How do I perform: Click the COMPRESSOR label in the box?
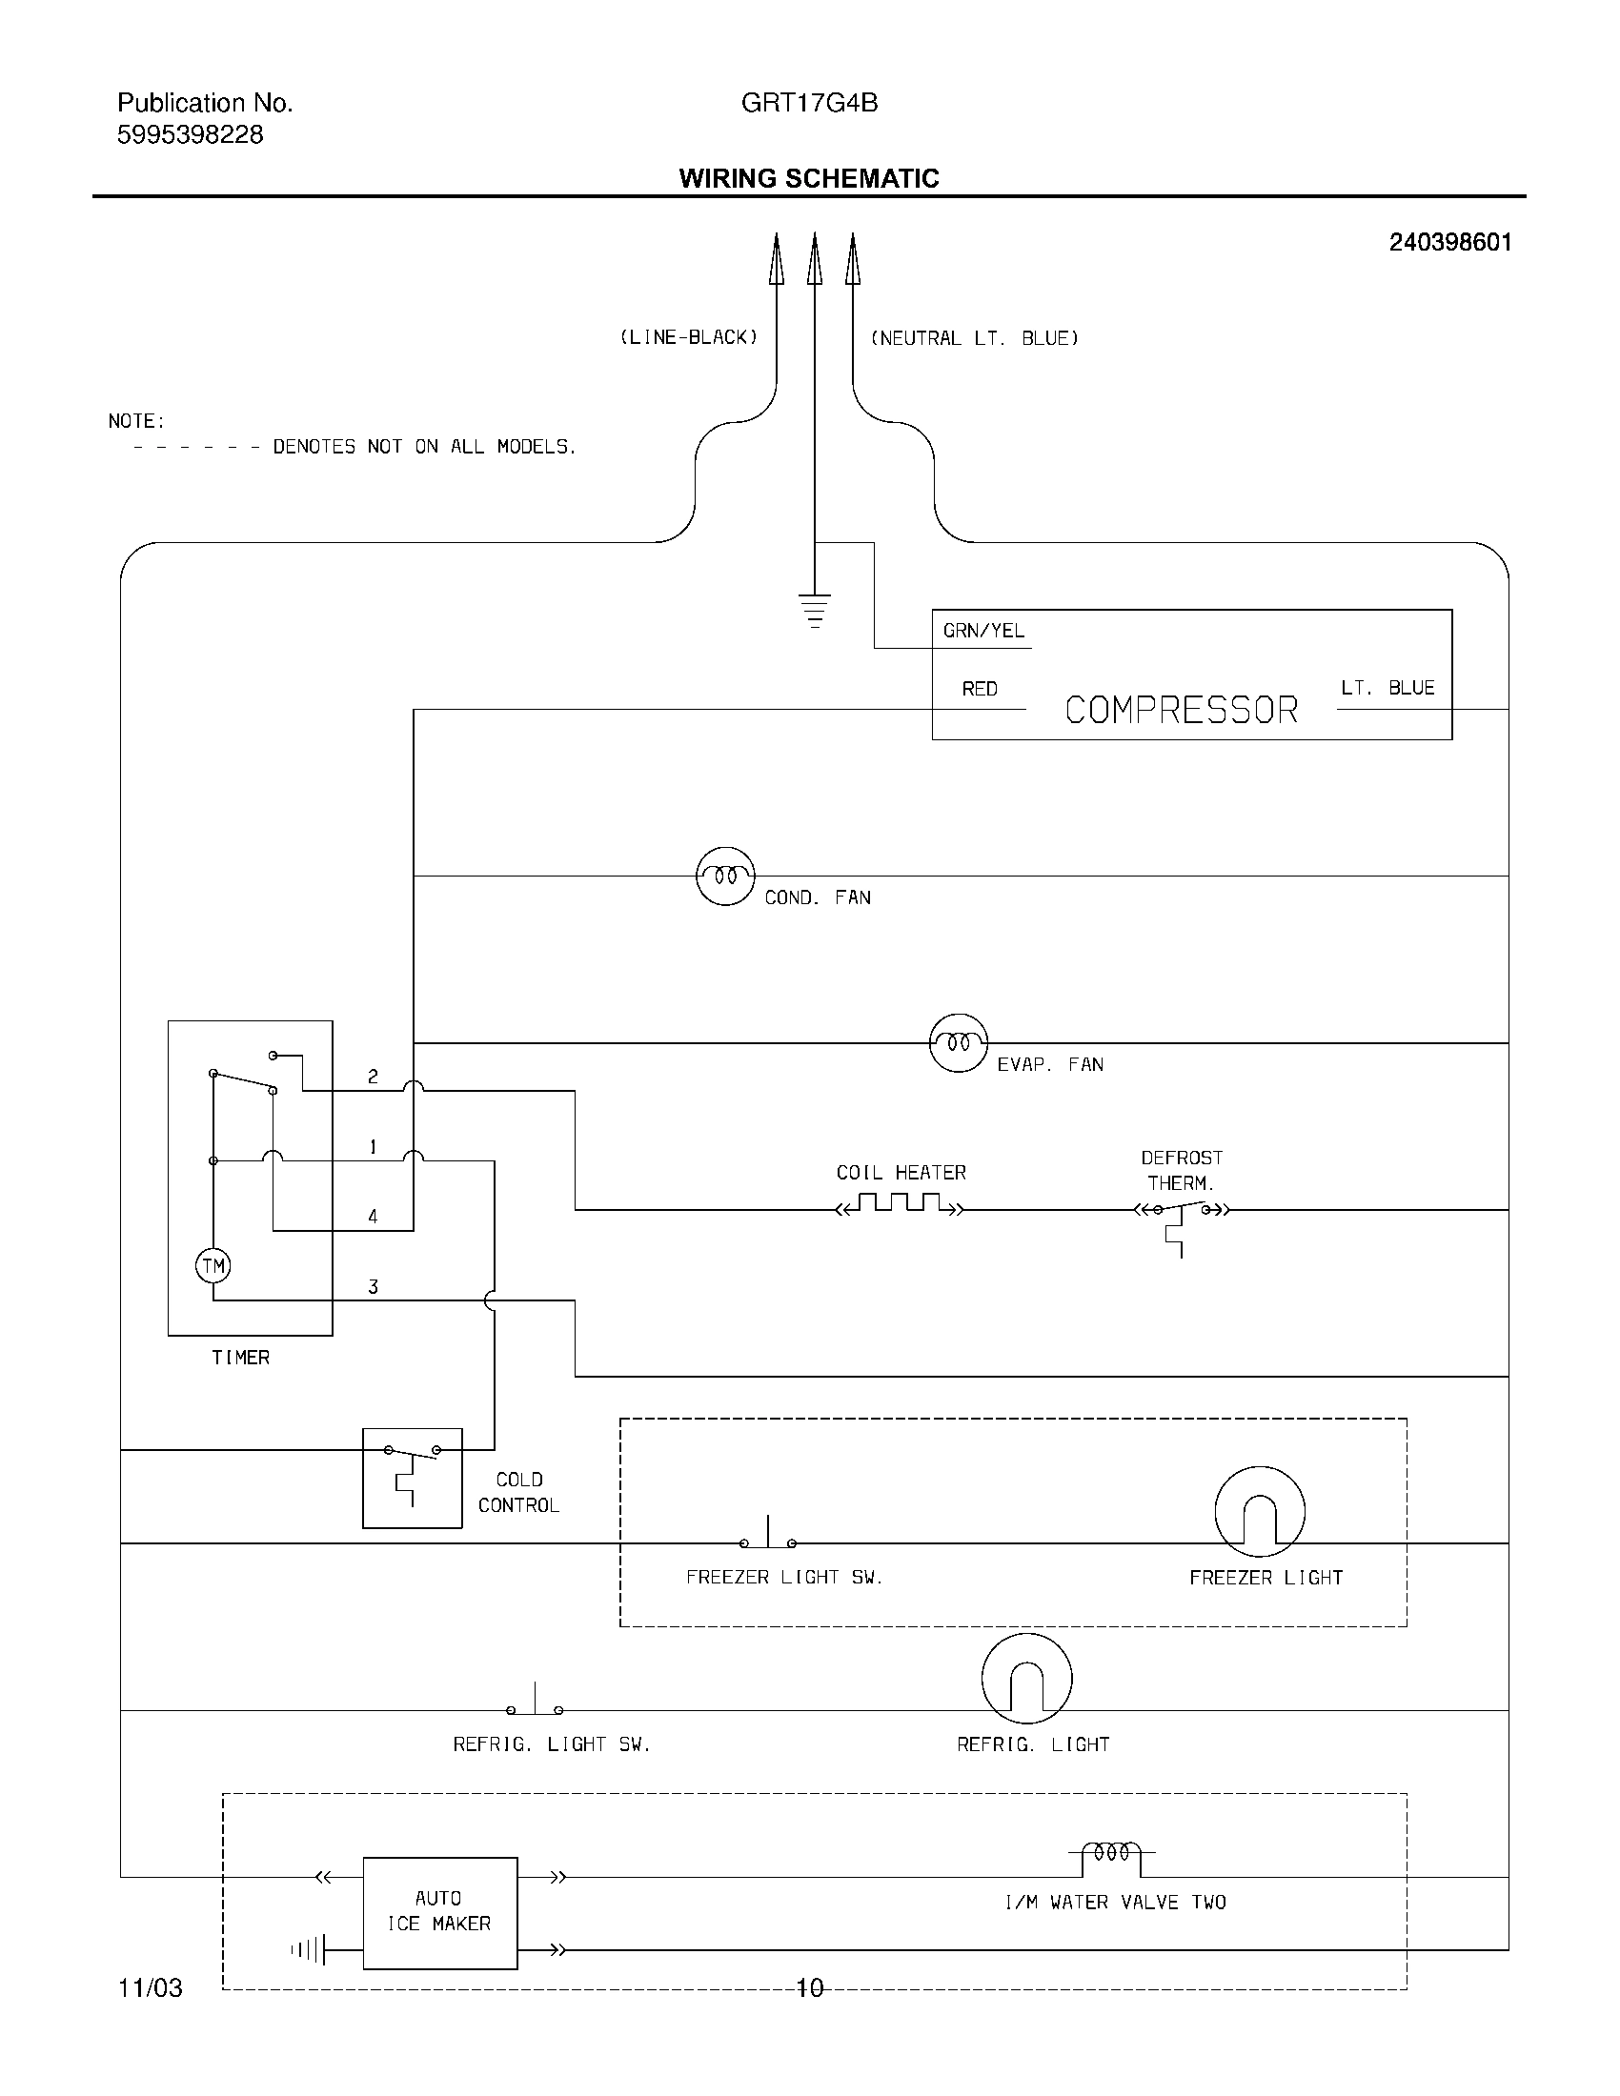1182,710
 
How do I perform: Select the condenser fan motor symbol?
724,876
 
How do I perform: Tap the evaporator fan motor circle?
958,1042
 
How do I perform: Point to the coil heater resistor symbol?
900,1204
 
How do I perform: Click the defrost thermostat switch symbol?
1182,1214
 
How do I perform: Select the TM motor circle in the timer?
213,1266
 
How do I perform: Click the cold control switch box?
412,1478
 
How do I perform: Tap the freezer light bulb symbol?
1259,1512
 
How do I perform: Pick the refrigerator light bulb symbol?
1026,1679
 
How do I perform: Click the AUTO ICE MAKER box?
439,1913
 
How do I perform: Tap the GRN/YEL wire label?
983,631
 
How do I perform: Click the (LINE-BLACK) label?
689,338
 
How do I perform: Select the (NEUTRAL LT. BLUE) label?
974,338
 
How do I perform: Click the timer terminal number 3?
374,1287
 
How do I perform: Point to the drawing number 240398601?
1450,243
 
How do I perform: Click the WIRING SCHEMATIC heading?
808,178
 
